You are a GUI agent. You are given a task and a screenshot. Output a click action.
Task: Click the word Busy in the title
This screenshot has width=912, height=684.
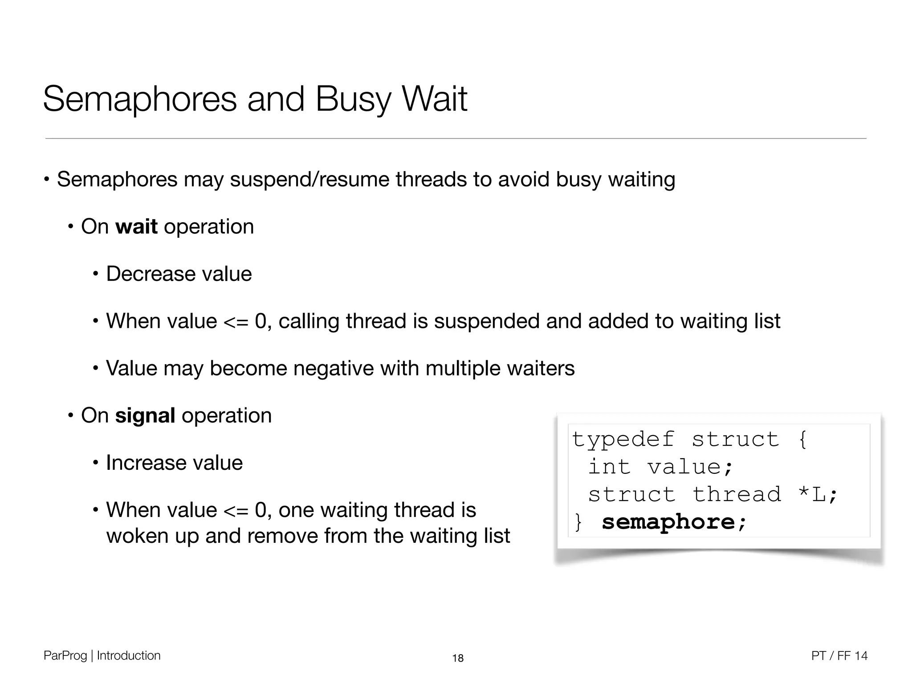click(x=353, y=100)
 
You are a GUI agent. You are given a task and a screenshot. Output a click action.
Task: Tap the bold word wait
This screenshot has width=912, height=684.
click(x=136, y=227)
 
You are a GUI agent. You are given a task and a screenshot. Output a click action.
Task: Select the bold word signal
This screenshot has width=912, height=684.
click(x=145, y=415)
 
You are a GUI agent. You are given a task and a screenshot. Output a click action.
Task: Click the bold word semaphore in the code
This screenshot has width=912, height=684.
click(x=668, y=522)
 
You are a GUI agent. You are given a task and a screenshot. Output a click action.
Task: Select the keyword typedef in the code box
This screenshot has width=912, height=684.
click(x=623, y=440)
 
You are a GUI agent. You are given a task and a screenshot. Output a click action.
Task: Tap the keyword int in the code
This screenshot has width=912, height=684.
click(x=609, y=467)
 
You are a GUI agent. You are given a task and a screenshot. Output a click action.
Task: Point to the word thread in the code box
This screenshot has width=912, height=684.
click(x=737, y=494)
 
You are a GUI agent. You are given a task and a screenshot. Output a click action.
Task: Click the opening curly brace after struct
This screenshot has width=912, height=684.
click(x=802, y=440)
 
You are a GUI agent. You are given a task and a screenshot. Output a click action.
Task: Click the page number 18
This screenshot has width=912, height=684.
click(x=458, y=658)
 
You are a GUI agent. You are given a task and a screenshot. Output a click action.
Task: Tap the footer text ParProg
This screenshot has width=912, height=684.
click(x=65, y=655)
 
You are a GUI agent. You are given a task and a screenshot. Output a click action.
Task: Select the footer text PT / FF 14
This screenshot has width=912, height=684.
click(x=839, y=655)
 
